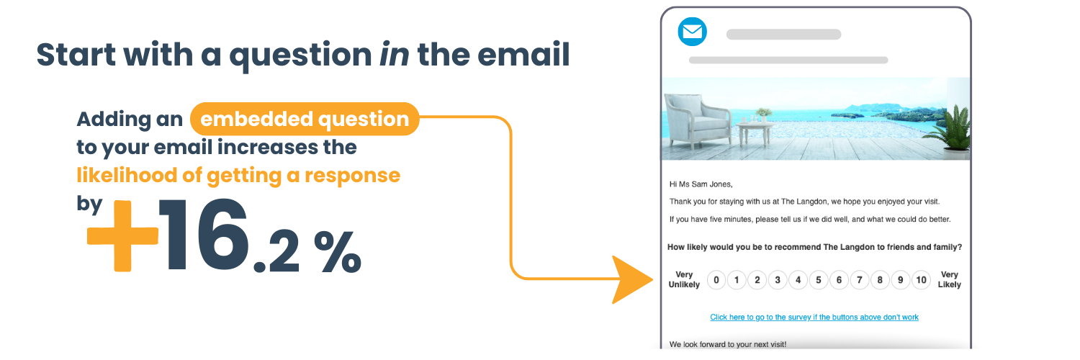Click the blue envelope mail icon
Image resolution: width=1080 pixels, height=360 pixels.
coord(693,32)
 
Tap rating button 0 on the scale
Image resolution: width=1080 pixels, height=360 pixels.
coord(716,280)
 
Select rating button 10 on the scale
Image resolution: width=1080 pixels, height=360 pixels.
coord(921,280)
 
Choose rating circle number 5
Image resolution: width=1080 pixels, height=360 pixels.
coord(819,280)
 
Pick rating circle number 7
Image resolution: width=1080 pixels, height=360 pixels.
coord(860,280)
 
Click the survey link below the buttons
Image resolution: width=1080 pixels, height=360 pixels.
coord(814,317)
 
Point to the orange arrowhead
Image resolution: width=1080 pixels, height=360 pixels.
coord(631,279)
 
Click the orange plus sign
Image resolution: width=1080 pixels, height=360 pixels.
coord(122,235)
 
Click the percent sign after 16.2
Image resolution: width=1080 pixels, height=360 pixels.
coord(338,251)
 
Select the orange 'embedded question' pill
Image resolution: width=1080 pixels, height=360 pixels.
coord(305,119)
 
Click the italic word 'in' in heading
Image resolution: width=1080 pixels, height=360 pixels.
coord(394,54)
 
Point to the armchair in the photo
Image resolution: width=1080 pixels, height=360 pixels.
coord(697,121)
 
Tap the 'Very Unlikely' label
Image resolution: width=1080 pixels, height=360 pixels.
coord(684,279)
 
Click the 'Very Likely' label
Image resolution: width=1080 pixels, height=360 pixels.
coord(950,279)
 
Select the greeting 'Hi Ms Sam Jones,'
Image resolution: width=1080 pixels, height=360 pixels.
coord(701,184)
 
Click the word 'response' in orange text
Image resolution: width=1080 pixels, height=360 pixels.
coord(353,176)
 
